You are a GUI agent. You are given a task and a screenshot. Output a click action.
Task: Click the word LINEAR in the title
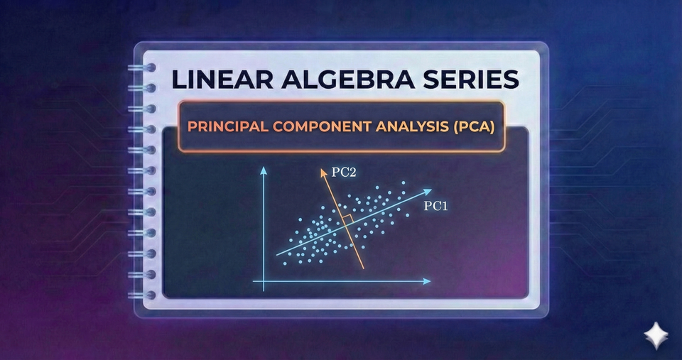coord(220,79)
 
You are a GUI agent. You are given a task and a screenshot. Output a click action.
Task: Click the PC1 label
coord(435,206)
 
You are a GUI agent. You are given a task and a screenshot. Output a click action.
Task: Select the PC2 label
coord(344,172)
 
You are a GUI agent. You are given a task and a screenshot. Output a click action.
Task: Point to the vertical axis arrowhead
coord(264,170)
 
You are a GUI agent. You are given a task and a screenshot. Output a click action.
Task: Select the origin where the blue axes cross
coord(264,281)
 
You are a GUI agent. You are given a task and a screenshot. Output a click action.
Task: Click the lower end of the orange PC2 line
coord(364,268)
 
